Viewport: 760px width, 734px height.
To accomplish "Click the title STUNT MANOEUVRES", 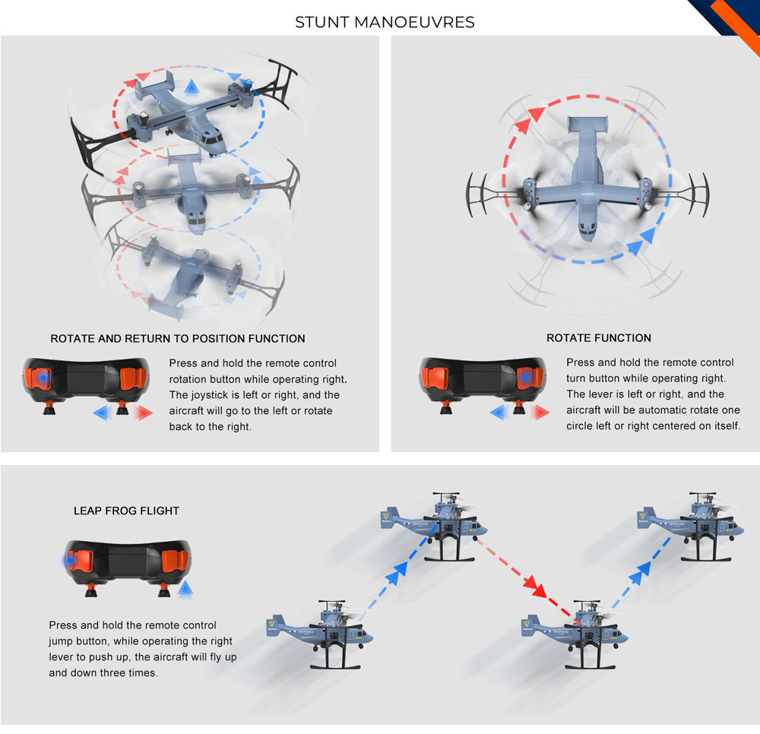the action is (385, 22).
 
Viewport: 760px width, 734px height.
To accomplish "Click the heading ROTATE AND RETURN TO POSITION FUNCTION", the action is (178, 339).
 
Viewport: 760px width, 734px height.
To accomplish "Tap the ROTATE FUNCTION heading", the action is (599, 338).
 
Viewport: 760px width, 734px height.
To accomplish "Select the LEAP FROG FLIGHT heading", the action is (126, 511).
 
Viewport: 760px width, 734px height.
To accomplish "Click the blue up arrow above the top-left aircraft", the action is (192, 87).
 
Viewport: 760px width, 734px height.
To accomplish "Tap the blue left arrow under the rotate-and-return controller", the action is (103, 413).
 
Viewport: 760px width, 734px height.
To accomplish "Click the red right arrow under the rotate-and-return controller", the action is (144, 413).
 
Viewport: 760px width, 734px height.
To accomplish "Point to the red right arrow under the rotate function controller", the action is (541, 413).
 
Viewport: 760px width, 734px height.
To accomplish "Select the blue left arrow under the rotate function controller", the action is (499, 413).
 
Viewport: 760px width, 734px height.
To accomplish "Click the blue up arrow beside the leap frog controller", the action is (185, 590).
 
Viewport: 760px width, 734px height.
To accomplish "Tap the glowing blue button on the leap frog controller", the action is (70, 561).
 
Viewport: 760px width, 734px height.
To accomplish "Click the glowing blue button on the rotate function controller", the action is (526, 378).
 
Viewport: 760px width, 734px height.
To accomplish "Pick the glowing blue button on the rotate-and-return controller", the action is (43, 378).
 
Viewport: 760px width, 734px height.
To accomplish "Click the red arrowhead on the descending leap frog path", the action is (537, 587).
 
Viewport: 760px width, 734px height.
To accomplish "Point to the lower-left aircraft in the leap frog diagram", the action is (320, 634).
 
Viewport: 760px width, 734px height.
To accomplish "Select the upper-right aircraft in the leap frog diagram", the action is (690, 527).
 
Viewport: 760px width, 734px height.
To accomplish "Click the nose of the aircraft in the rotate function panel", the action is (587, 232).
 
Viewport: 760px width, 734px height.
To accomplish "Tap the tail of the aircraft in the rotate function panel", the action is (587, 124).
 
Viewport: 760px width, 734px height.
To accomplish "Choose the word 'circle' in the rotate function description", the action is (580, 426).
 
